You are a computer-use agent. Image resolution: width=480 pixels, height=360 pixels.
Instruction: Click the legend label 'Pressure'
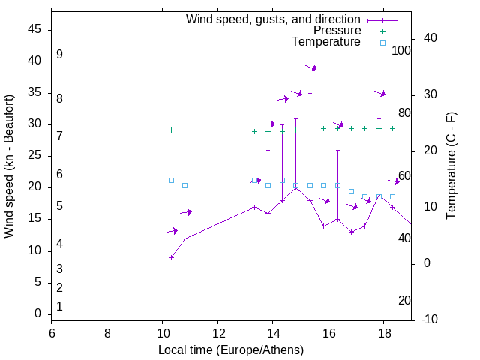click(337, 31)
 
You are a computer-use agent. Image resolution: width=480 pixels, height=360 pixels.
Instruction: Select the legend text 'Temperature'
click(326, 42)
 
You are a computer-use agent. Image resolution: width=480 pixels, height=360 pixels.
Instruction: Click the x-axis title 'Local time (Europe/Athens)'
click(231, 350)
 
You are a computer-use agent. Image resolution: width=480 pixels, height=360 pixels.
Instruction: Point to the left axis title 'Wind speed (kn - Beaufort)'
click(9, 166)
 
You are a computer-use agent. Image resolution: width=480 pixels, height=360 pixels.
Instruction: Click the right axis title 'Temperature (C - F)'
click(451, 166)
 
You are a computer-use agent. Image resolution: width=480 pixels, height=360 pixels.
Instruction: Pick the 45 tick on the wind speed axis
click(34, 30)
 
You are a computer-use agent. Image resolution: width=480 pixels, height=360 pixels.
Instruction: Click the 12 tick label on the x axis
click(217, 334)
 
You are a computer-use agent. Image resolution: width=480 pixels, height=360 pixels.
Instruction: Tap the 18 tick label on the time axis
click(384, 334)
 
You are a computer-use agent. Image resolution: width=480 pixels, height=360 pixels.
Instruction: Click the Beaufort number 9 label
click(59, 55)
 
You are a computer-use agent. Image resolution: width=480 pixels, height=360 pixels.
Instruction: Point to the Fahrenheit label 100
click(401, 51)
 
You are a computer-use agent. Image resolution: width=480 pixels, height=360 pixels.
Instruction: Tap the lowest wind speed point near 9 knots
click(171, 257)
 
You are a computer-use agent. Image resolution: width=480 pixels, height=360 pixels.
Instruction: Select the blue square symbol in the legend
click(382, 43)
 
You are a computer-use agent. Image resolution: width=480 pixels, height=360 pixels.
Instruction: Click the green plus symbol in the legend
click(382, 31)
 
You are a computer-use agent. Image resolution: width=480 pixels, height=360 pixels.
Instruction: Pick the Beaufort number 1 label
click(59, 307)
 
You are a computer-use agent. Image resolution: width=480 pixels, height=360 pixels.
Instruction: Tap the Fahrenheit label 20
click(404, 301)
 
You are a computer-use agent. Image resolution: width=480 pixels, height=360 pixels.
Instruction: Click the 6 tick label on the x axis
click(52, 334)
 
